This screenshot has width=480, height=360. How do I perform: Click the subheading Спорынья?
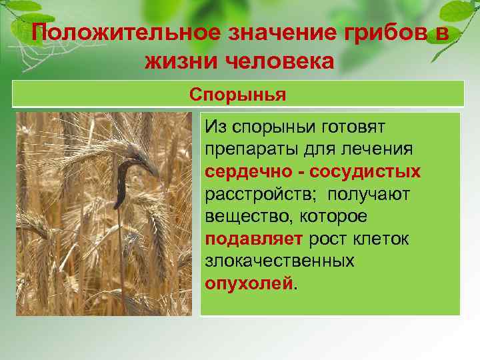(x=238, y=94)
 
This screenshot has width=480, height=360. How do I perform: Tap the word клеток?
(x=386, y=239)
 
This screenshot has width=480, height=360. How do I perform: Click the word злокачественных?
(x=279, y=261)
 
